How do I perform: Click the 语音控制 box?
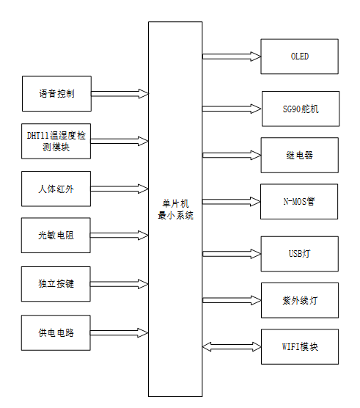coord(56,94)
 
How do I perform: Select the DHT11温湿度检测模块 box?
coord(56,141)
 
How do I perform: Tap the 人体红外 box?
coord(56,189)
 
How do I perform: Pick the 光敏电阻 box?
coord(56,236)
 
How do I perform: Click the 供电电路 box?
coord(56,332)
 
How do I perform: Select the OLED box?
coord(300,57)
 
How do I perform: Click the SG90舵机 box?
coord(300,109)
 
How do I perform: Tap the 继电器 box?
coord(300,155)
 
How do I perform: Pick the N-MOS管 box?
coord(300,201)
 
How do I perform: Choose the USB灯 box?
coord(300,254)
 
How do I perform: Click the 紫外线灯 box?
coord(300,300)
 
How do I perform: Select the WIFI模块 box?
coord(300,346)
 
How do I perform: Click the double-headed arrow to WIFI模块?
coord(232,346)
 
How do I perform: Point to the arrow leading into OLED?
coord(232,57)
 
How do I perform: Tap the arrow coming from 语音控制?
coord(120,94)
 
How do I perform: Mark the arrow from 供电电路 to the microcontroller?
coord(120,332)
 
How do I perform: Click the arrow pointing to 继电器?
coord(232,155)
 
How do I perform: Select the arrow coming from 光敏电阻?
coord(120,236)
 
